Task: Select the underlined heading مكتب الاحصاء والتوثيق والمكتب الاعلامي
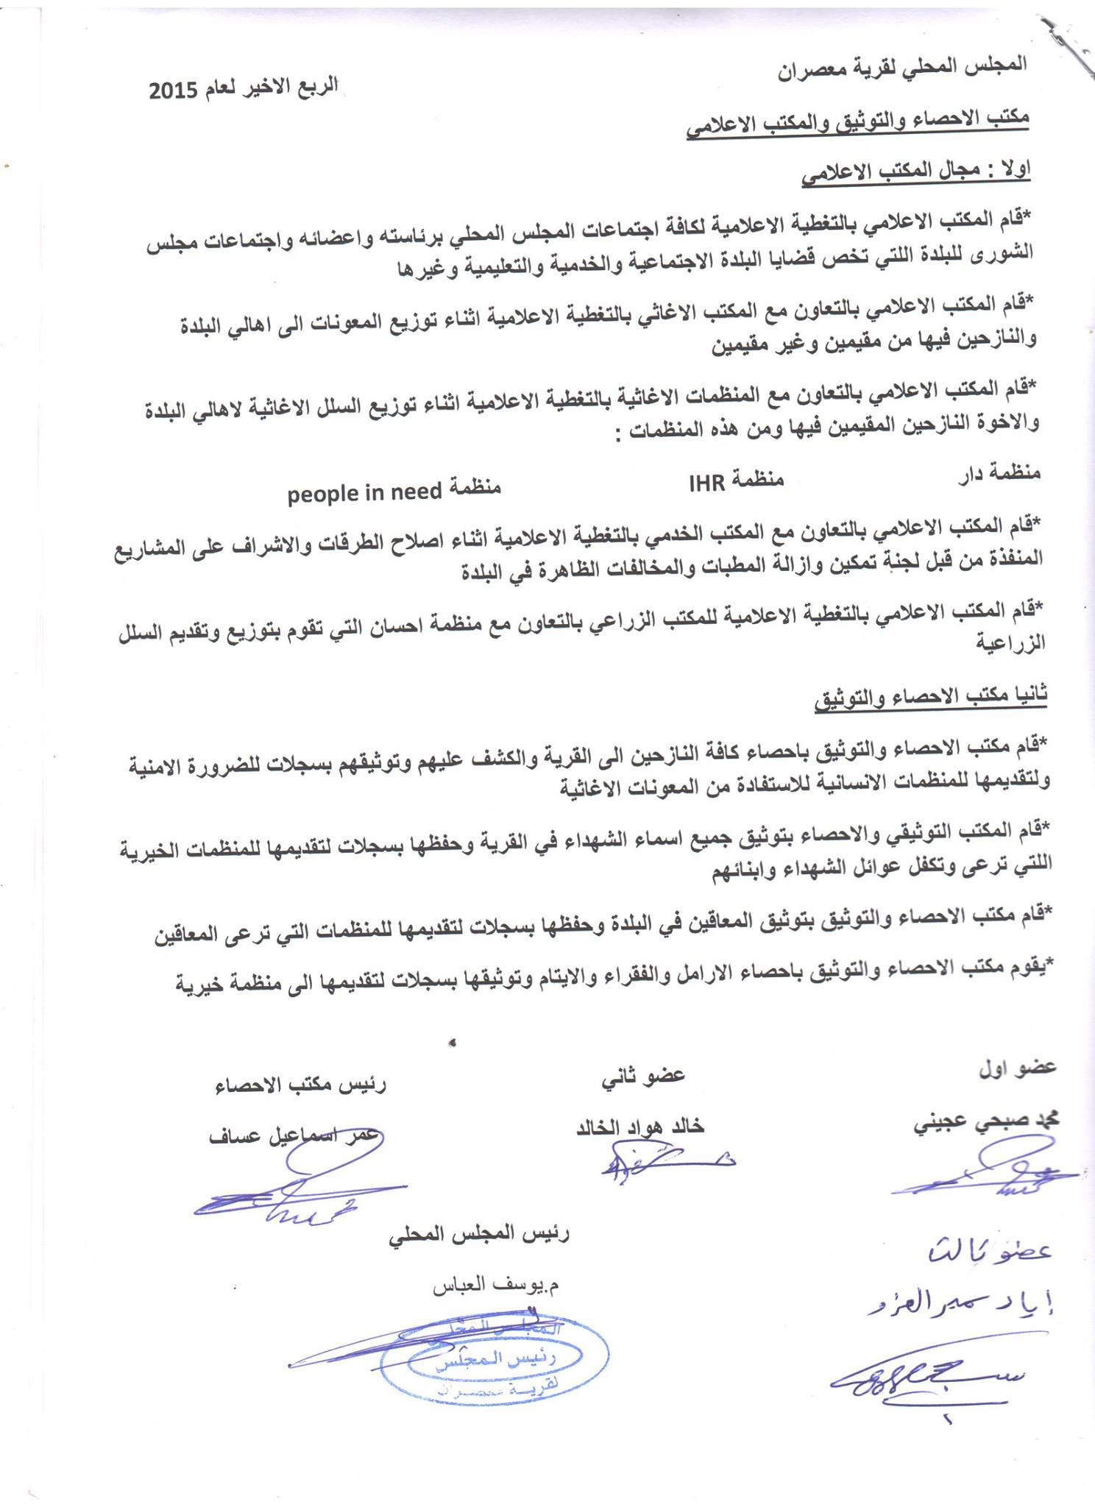tap(857, 122)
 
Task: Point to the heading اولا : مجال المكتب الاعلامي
tap(915, 171)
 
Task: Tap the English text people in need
tap(364, 492)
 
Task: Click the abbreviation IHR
tap(706, 483)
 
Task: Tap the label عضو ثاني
tap(643, 1075)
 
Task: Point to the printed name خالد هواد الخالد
tap(640, 1127)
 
